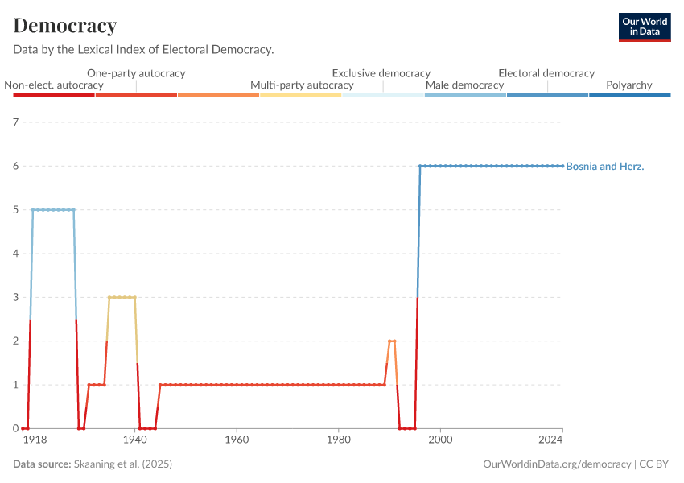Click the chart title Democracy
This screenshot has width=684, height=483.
tap(65, 26)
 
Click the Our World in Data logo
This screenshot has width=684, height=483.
tap(644, 27)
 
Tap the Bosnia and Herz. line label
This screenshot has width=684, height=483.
tap(605, 167)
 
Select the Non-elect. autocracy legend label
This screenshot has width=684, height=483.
tap(54, 85)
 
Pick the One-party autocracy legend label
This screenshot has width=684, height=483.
tap(136, 73)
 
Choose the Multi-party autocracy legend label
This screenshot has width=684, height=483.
tap(302, 85)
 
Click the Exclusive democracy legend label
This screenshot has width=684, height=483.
tap(381, 73)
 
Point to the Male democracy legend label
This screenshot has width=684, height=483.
tap(464, 85)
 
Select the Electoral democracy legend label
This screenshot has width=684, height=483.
tap(546, 73)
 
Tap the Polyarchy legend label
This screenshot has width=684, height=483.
tap(628, 85)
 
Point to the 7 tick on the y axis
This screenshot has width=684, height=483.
tap(14, 122)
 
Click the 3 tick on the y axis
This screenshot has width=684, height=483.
tap(14, 297)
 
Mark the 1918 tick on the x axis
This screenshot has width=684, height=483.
tap(33, 441)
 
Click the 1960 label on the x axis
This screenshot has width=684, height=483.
tap(237, 441)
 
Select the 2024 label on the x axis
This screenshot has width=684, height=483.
tap(551, 441)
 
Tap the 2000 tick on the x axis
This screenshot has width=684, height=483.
tap(439, 441)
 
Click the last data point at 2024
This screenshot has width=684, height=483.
tap(562, 166)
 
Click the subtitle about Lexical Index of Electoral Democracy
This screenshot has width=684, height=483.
tap(143, 50)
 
